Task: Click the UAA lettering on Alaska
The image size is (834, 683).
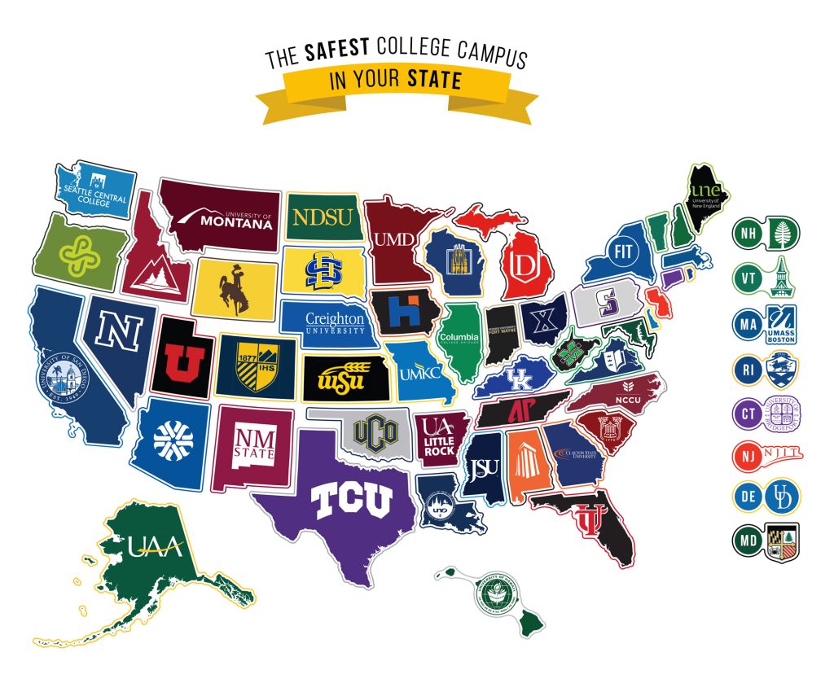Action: click(155, 546)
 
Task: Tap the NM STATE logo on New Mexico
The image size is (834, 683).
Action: click(254, 447)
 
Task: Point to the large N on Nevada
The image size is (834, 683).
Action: click(121, 331)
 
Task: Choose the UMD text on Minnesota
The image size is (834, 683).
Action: click(390, 239)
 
